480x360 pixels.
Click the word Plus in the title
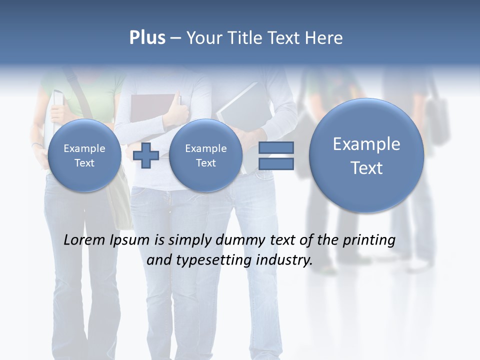click(147, 38)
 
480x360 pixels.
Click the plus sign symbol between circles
click(146, 156)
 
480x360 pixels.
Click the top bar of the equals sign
click(275, 148)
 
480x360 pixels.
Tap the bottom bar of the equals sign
click(275, 164)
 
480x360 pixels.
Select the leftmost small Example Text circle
click(84, 155)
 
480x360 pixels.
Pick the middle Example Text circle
click(205, 155)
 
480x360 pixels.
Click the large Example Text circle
click(366, 155)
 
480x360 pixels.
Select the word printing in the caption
click(368, 240)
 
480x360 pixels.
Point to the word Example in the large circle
click(366, 144)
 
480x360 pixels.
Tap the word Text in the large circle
click(366, 168)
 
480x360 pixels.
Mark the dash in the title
click(175, 38)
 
